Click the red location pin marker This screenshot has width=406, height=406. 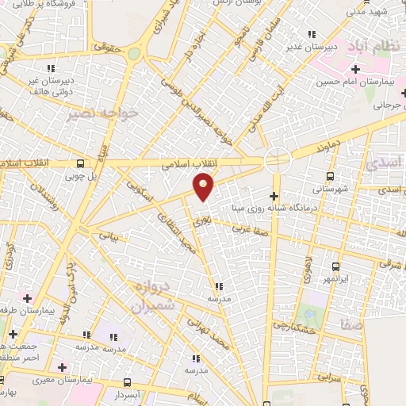204,187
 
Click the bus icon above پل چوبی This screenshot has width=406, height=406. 80,164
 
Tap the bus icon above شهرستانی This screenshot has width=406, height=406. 330,176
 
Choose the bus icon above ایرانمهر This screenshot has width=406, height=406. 335,266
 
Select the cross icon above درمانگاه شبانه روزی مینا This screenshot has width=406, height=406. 274,195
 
